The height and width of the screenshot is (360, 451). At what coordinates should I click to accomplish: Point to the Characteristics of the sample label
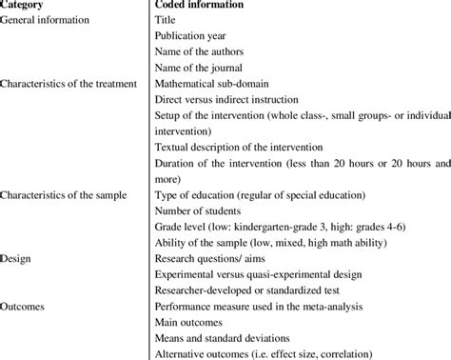[x=69, y=195]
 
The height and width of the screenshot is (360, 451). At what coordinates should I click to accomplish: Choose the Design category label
[x=21, y=258]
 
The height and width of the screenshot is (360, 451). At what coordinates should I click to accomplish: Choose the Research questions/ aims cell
[x=211, y=258]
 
